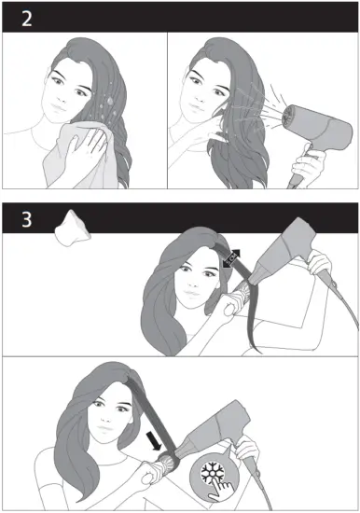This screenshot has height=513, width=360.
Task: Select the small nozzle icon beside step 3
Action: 72,229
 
